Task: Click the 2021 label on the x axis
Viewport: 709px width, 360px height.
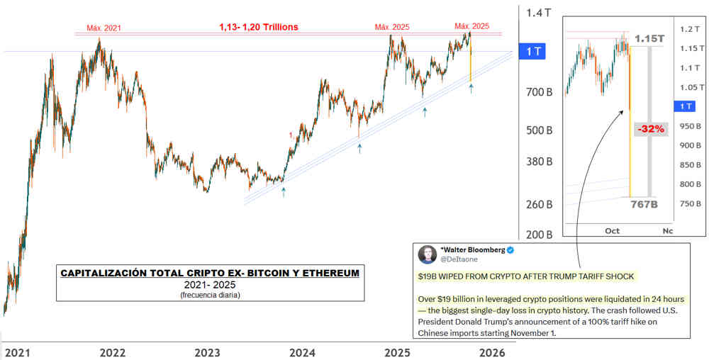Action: [18, 352]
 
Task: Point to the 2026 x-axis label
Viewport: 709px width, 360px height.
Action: [493, 352]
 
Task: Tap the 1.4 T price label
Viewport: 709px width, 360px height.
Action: [540, 13]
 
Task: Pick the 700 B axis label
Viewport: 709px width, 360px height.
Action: [538, 92]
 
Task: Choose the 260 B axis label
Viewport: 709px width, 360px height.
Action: [538, 205]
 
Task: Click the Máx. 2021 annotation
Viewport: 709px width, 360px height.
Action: [104, 28]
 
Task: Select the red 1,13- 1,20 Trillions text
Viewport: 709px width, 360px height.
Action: [258, 27]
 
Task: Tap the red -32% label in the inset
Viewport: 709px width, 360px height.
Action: [650, 128]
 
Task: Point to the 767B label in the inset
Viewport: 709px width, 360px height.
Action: [644, 205]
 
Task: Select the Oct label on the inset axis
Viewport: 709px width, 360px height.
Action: [613, 231]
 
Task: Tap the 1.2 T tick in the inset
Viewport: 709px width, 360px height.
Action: [687, 30]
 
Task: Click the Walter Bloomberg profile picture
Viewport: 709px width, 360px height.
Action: [427, 254]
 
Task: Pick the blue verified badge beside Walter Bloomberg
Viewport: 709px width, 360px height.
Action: [509, 251]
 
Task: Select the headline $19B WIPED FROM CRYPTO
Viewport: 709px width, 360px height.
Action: [525, 276]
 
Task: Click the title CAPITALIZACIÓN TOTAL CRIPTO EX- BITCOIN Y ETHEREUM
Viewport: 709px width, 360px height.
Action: [209, 272]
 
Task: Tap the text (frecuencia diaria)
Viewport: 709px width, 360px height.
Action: [209, 294]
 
